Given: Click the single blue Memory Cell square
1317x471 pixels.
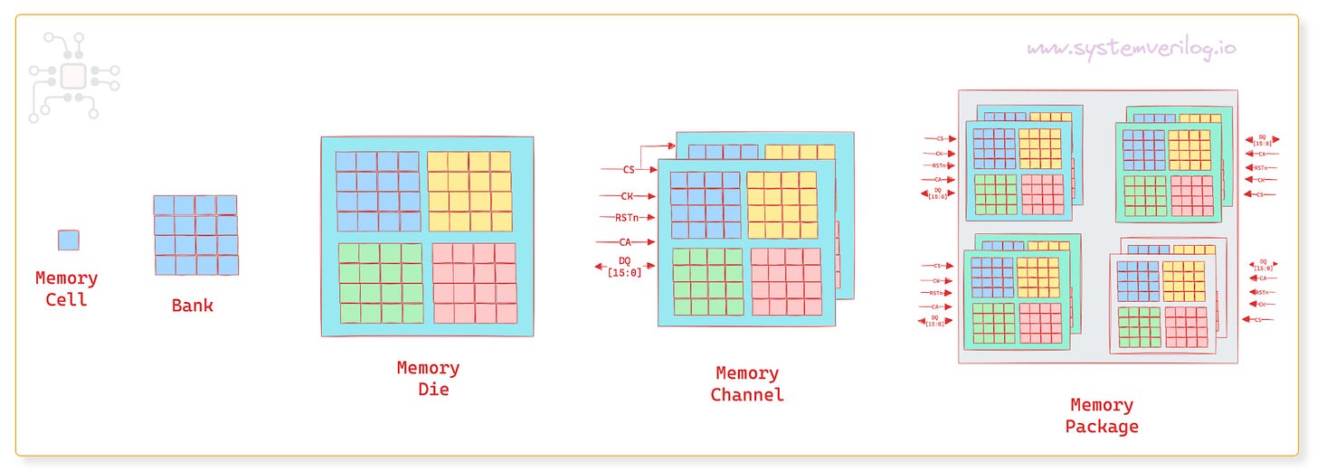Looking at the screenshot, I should click(68, 240).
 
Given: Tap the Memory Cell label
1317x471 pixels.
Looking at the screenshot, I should click(67, 288).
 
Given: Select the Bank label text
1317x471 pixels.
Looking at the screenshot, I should click(193, 306).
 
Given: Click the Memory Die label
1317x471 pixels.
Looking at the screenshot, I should click(428, 379).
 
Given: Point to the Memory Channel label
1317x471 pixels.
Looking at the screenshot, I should click(747, 383).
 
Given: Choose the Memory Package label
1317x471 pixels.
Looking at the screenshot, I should click(1101, 416).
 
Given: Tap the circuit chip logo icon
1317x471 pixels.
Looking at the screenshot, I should click(73, 78).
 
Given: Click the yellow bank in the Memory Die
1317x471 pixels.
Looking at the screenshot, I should click(469, 191).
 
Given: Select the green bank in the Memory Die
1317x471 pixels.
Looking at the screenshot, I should click(380, 283).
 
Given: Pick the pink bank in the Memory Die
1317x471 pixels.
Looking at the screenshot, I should click(474, 283).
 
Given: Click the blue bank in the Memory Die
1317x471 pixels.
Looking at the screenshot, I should click(377, 191).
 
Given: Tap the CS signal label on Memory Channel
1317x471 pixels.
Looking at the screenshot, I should click(629, 169).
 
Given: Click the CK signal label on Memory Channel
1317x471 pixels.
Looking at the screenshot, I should click(627, 195).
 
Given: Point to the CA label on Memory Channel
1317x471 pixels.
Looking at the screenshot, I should click(625, 241).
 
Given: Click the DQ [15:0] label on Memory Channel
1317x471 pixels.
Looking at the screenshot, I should click(624, 267).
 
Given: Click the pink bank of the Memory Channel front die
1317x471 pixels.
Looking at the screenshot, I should click(784, 281).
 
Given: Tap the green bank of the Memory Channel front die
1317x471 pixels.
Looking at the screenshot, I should click(706, 281).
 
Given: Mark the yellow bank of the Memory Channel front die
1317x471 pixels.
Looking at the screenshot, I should click(782, 205).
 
